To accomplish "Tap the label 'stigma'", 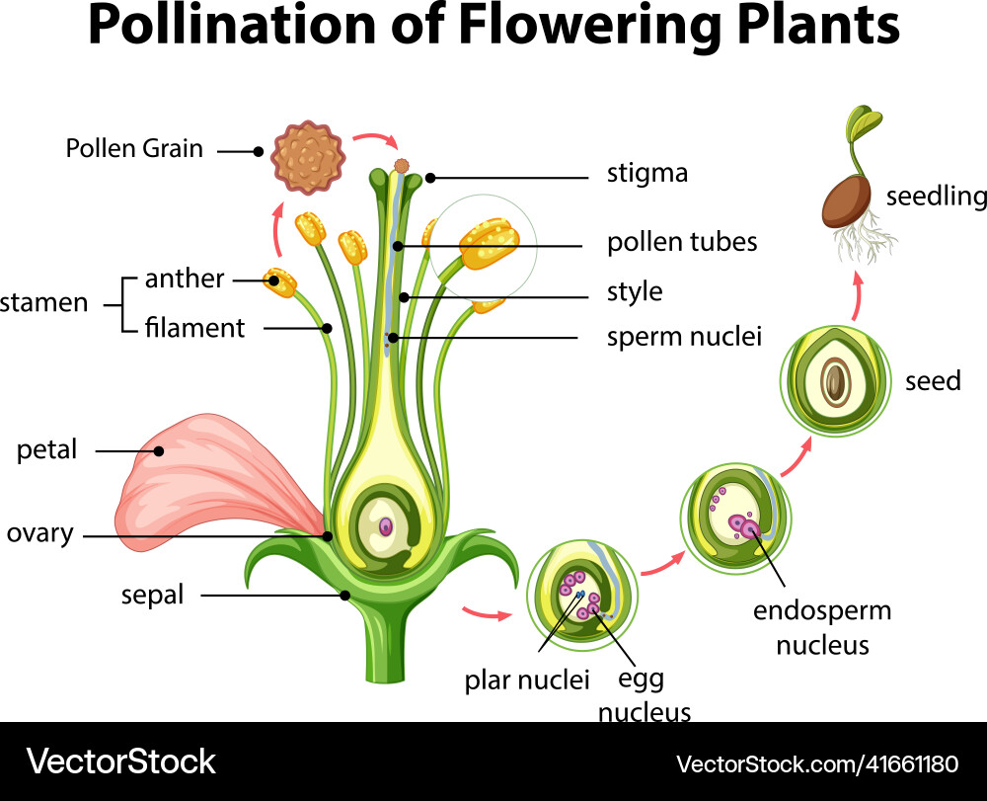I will click(646, 174).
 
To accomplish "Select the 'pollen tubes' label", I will click(682, 242).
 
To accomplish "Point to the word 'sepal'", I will click(152, 596).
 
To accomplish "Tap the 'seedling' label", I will click(935, 197).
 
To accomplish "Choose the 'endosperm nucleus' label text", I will click(821, 628).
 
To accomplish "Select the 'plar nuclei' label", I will click(527, 680).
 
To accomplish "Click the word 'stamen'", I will click(43, 302).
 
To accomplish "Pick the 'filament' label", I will click(194, 327).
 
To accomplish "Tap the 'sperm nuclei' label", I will click(684, 337).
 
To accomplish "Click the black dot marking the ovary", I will click(328, 536).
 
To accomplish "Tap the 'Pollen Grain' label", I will click(134, 149).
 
